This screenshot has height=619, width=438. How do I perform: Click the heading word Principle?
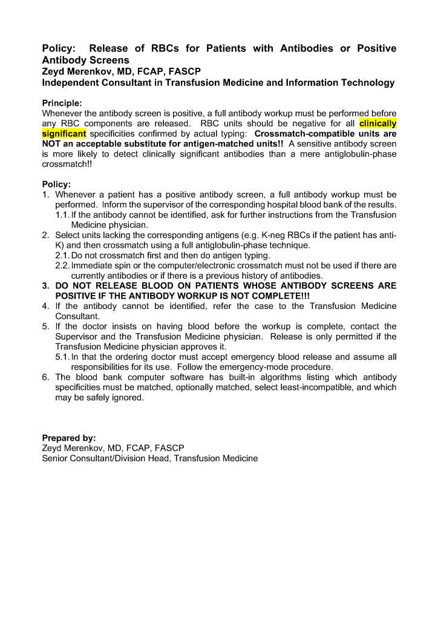(x=62, y=103)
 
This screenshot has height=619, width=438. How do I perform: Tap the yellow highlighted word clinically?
(x=378, y=123)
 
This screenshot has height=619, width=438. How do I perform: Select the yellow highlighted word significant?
(x=64, y=133)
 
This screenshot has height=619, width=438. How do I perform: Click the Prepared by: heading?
(x=68, y=438)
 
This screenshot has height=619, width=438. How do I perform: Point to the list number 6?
(x=46, y=377)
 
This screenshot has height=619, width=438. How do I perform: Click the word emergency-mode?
(x=285, y=367)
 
